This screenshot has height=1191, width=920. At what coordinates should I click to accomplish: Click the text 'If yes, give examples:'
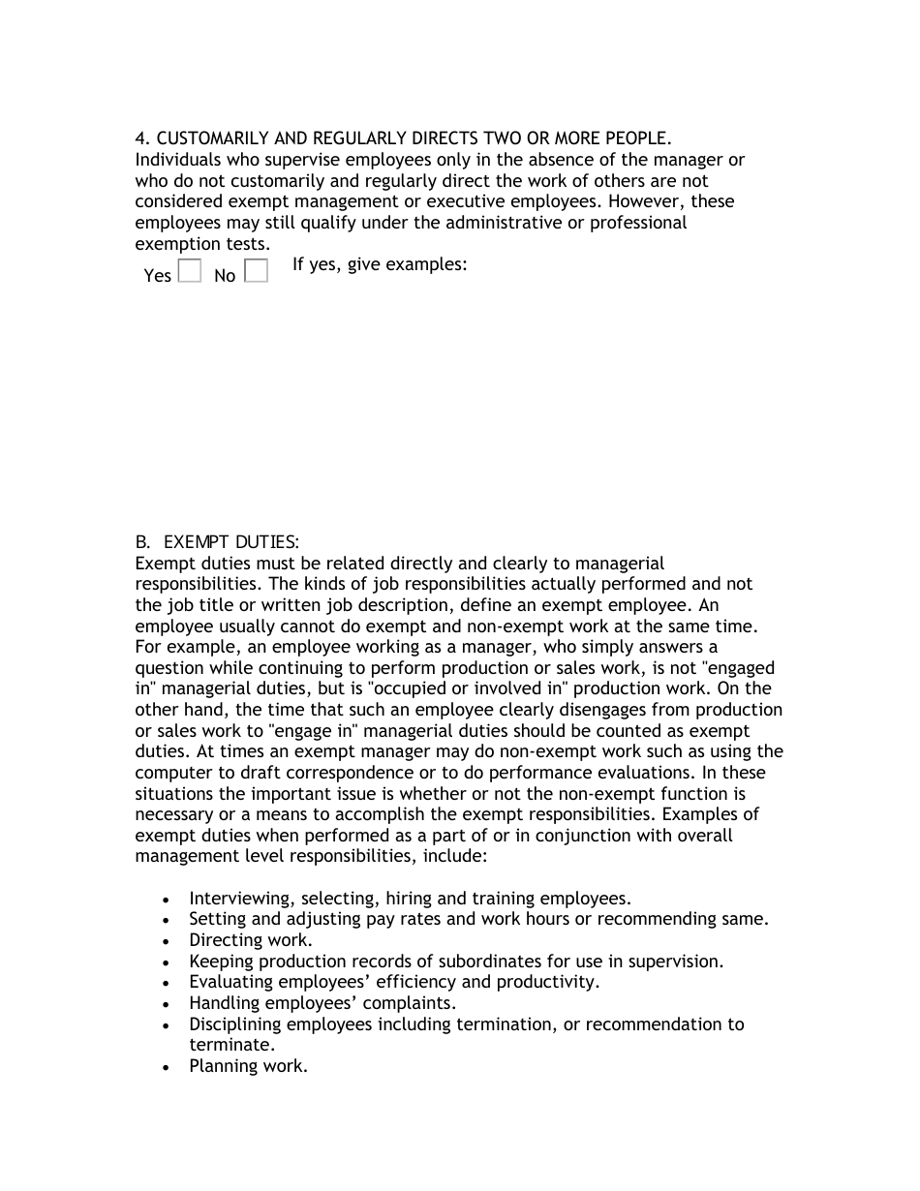click(x=380, y=263)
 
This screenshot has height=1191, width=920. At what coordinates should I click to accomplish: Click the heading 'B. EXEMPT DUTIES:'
click(x=217, y=542)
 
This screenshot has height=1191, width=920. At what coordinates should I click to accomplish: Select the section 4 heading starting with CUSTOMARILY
click(x=403, y=138)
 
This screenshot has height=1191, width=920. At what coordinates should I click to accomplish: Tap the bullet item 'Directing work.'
click(x=251, y=940)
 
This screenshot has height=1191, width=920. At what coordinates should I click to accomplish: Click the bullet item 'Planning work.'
click(x=248, y=1066)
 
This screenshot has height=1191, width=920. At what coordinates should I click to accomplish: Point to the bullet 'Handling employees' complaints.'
click(x=322, y=1003)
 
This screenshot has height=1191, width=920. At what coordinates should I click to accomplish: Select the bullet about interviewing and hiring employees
click(x=410, y=899)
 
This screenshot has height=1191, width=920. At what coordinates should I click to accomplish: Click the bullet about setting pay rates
click(x=478, y=919)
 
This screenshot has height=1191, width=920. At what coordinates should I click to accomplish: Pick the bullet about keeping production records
click(x=456, y=962)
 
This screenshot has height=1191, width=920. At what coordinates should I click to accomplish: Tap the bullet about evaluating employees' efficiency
click(x=394, y=982)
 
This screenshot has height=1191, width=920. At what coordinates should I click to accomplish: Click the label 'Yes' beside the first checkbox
click(x=157, y=276)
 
